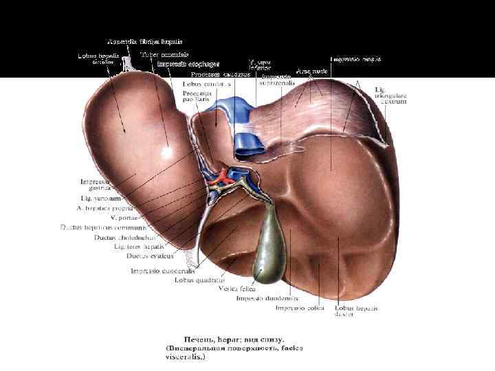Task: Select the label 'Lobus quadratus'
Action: pos(200,280)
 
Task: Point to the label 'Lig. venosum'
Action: pos(100,199)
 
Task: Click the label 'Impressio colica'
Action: pos(300,308)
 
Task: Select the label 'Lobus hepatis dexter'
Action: pos(355,312)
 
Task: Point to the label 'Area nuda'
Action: pos(311,71)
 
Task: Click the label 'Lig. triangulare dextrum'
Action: pos(390,95)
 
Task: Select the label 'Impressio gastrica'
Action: pos(95,185)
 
